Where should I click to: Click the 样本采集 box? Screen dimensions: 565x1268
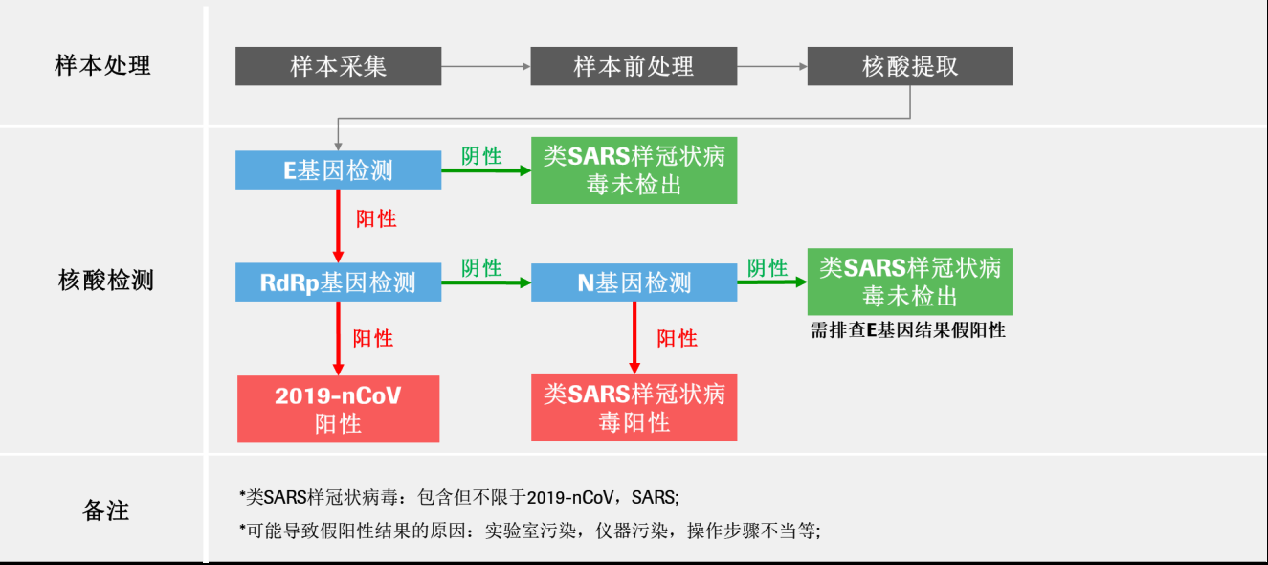click(x=338, y=66)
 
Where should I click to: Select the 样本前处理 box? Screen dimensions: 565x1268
click(x=634, y=66)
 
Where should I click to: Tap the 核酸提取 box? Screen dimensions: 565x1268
click(x=910, y=66)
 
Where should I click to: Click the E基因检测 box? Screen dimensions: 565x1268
click(x=338, y=170)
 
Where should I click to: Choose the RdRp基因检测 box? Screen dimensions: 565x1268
click(x=338, y=282)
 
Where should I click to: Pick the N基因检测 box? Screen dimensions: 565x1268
click(x=634, y=282)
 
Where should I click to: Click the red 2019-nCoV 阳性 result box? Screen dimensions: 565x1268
click(x=338, y=409)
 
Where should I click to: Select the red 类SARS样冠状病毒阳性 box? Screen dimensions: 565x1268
click(x=634, y=408)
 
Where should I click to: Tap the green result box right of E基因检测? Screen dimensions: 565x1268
click(x=634, y=170)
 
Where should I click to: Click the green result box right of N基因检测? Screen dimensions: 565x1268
click(x=910, y=282)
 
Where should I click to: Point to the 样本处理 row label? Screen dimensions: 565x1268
click(x=102, y=66)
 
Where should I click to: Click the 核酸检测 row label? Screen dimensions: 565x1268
click(x=105, y=281)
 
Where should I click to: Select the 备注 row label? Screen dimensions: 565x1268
click(x=105, y=510)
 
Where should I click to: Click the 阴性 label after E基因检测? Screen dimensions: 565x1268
click(x=481, y=156)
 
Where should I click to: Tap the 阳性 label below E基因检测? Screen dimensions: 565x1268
click(x=376, y=219)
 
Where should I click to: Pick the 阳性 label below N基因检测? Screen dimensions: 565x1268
click(x=677, y=339)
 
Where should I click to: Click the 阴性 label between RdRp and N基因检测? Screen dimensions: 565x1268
click(x=481, y=268)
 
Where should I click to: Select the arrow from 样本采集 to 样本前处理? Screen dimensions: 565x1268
click(x=485, y=66)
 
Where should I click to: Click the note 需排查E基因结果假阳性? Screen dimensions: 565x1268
click(x=908, y=330)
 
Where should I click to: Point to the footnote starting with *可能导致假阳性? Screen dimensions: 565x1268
click(x=529, y=531)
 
